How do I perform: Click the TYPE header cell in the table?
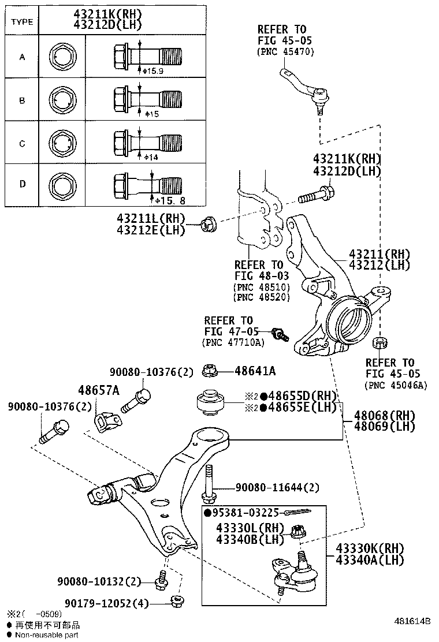pos(22,22)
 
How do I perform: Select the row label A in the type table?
pos(22,57)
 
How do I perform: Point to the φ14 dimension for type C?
pos(151,157)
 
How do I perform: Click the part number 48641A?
pos(255,371)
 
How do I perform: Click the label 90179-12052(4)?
pos(103,603)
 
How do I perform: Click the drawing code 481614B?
pos(412,621)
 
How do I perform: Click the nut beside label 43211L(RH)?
pos(209,225)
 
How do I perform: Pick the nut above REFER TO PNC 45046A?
pos(379,342)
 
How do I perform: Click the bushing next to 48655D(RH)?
pos(211,402)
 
